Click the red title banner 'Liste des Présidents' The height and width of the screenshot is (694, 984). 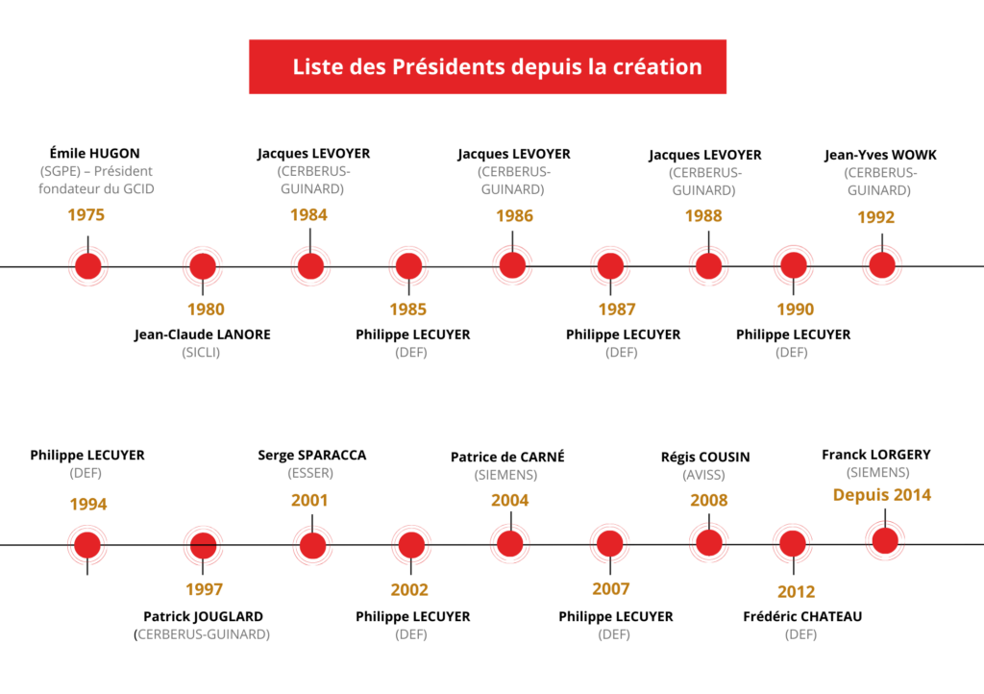click(x=488, y=67)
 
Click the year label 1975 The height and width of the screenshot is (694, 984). click(x=86, y=214)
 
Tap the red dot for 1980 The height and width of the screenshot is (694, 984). click(x=203, y=266)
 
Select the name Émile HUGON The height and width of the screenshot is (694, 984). click(x=95, y=153)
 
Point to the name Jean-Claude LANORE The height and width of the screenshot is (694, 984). click(x=203, y=335)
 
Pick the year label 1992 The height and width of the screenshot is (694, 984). click(x=875, y=217)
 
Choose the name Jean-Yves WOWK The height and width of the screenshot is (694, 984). click(x=880, y=155)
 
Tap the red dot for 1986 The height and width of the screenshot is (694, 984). click(x=512, y=264)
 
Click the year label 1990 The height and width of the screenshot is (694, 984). click(x=795, y=310)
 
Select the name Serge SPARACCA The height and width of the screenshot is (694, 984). click(x=312, y=455)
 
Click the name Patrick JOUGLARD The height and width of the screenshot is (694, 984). click(x=203, y=616)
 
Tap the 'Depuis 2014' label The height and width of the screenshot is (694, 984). click(x=881, y=495)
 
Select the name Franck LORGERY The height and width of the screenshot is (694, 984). click(x=876, y=454)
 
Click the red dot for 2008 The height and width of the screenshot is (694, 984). click(x=709, y=542)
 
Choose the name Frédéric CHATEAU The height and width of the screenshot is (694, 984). click(x=802, y=616)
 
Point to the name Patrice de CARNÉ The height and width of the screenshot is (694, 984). click(x=507, y=457)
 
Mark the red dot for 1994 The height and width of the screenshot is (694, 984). click(x=87, y=545)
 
